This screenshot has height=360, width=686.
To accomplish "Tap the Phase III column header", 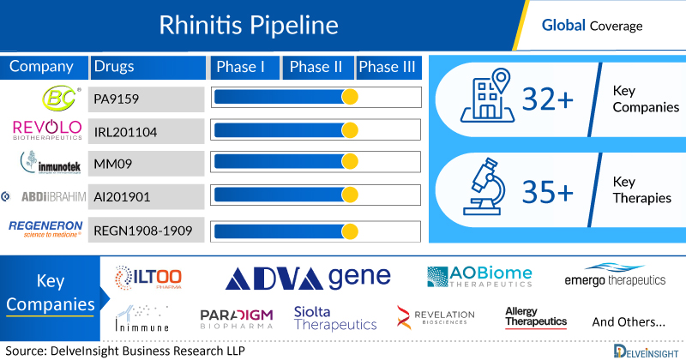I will [x=390, y=67].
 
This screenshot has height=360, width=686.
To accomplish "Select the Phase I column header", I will [x=244, y=67].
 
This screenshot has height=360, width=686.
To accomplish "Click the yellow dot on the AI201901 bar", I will [x=350, y=196].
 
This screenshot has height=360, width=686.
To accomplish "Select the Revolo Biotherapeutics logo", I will [x=45, y=130].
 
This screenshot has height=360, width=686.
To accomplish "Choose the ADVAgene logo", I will [x=309, y=276].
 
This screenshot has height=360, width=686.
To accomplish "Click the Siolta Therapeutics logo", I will [x=334, y=318].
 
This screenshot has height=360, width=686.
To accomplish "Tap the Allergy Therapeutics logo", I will [x=536, y=316].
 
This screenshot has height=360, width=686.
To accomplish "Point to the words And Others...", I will [x=628, y=322].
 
